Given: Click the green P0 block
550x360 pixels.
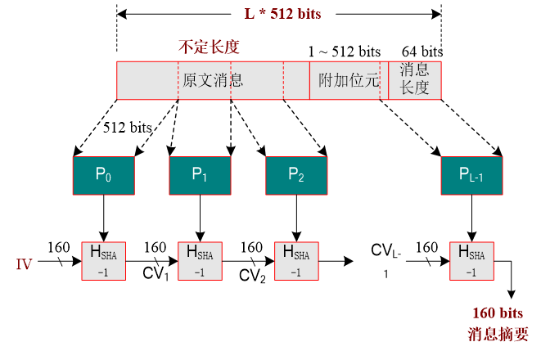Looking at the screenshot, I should [x=103, y=174].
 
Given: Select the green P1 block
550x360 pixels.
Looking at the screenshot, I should [x=200, y=174].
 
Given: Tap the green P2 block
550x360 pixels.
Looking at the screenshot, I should [x=296, y=174].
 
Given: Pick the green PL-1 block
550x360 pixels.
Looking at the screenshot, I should [x=471, y=174].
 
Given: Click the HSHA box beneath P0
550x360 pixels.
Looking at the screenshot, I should [x=103, y=261].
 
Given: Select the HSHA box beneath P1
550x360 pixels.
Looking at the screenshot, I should [x=200, y=261].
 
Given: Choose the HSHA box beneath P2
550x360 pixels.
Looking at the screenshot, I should [x=296, y=261].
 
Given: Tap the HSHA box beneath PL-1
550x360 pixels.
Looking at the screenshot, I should [x=471, y=261].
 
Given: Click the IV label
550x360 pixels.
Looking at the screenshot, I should [x=25, y=264].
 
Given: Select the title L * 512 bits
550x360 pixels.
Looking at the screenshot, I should [x=279, y=13].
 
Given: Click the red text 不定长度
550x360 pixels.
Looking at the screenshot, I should [x=209, y=47].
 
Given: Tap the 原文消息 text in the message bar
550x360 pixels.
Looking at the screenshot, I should [x=213, y=81].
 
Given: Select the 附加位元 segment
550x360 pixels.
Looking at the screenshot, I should [x=348, y=81].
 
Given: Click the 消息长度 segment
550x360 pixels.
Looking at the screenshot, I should [x=415, y=80].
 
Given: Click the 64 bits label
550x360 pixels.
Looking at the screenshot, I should [x=422, y=51].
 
